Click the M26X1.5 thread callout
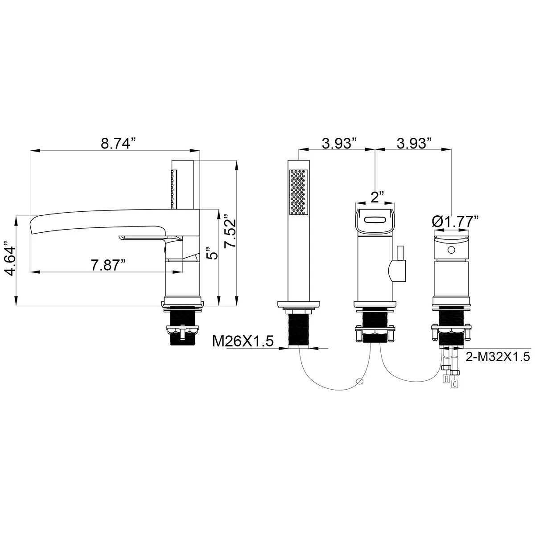[x=243, y=342]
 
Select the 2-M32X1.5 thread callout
[x=498, y=357]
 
